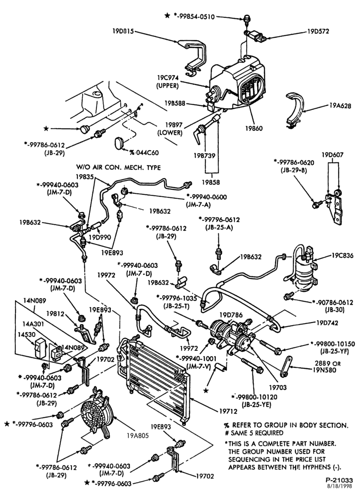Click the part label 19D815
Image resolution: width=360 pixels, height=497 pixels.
tap(123, 31)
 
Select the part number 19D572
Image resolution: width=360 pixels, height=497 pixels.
tap(318, 31)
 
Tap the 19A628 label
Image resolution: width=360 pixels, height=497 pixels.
tap(340, 106)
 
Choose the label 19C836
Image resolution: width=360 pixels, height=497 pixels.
tap(343, 255)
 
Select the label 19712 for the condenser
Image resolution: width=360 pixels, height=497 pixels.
tap(228, 411)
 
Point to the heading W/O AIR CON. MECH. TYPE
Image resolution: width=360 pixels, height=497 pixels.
tap(118, 167)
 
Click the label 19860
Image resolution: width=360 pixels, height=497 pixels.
tap(254, 129)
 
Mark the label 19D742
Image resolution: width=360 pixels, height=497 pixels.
tap(327, 323)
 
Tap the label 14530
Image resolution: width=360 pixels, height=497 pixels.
tap(29, 334)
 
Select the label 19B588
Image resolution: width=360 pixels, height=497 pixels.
tap(175, 103)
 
